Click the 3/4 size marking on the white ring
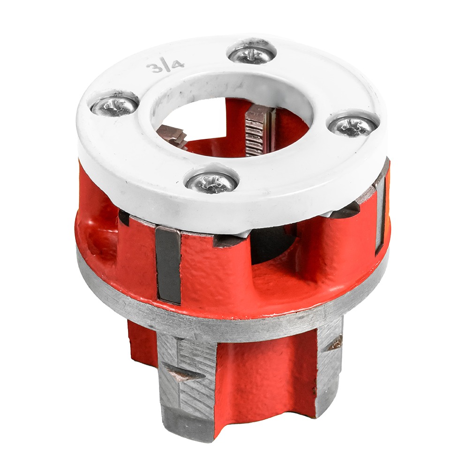click(x=165, y=66)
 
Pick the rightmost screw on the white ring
click(x=354, y=126)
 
